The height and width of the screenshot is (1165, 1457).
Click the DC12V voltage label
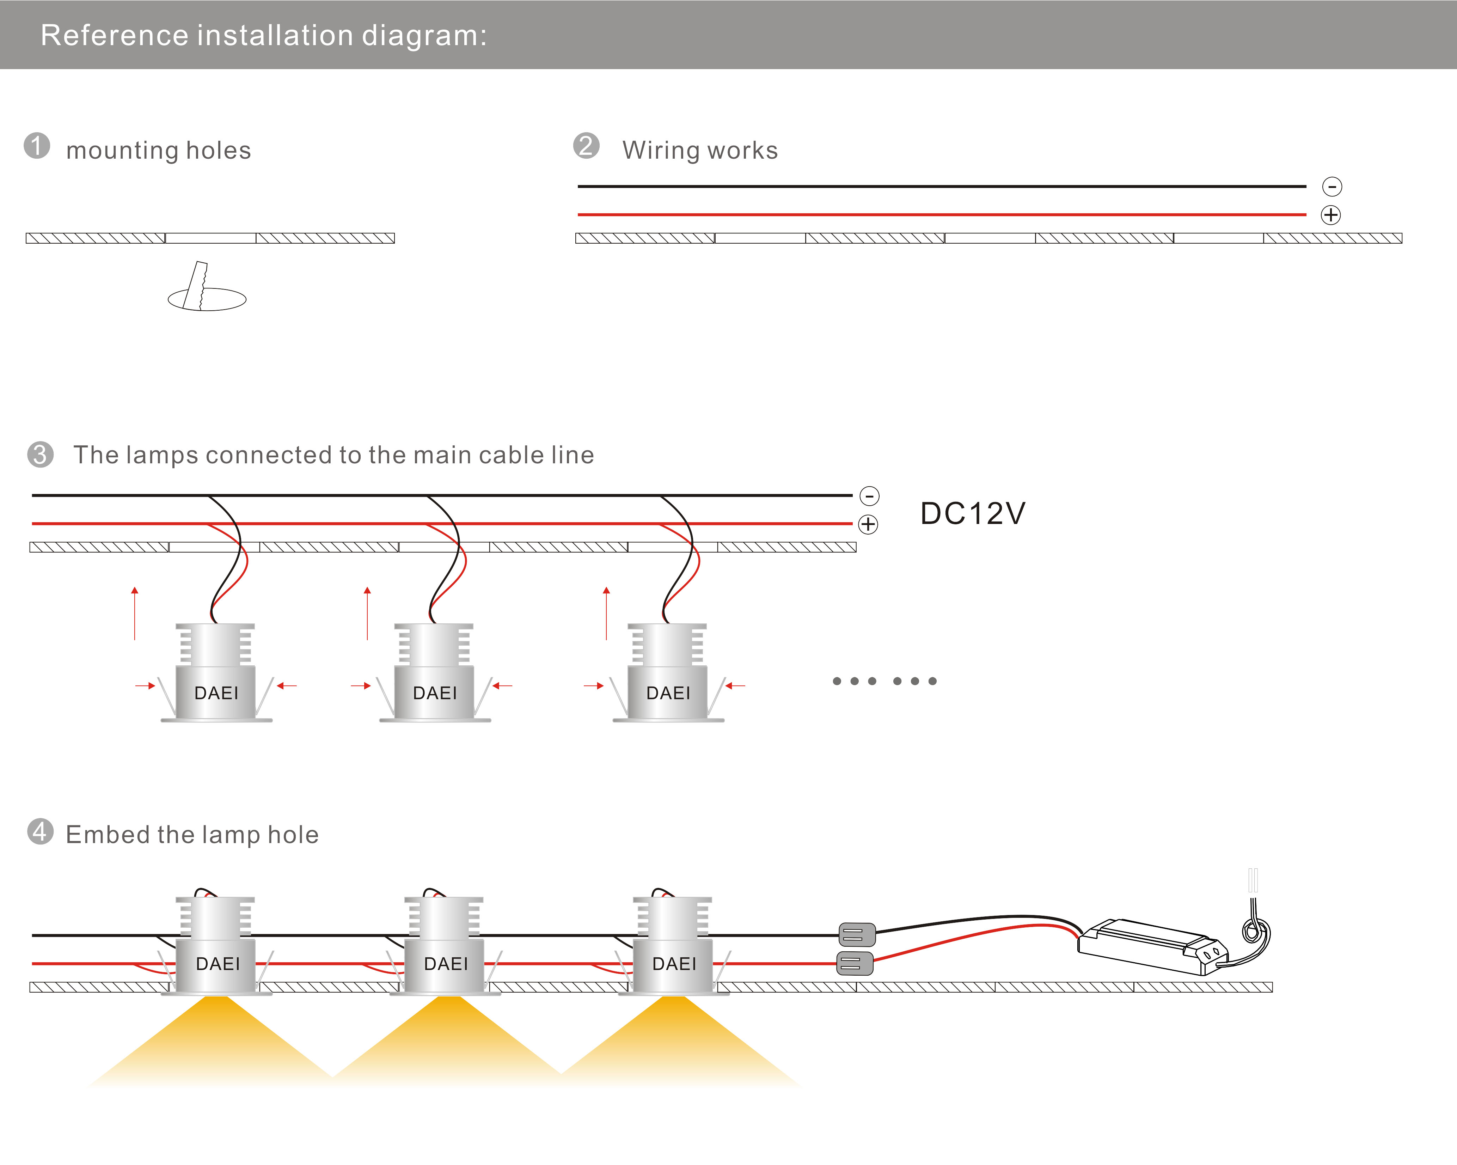(973, 514)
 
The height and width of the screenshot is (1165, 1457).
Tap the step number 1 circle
(37, 146)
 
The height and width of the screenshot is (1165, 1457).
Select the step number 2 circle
(586, 146)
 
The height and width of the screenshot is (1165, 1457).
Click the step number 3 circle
(41, 454)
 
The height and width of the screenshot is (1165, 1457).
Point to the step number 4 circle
(41, 832)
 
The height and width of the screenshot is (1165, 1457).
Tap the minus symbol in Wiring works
(1332, 187)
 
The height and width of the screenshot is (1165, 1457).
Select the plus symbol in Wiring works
(1331, 215)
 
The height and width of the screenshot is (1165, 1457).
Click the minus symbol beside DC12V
(869, 496)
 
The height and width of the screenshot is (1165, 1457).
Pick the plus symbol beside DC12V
(868, 524)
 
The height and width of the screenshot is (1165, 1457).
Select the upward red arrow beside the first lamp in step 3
(135, 614)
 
